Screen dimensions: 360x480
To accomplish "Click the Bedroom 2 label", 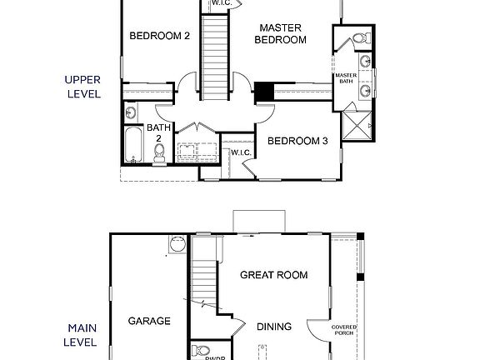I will pyautogui.click(x=161, y=36).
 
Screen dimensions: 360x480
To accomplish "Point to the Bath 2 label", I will pyautogui.click(x=159, y=133).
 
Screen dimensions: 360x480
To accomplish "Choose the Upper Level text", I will pyautogui.click(x=82, y=87).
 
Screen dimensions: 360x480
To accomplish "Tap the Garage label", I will pyautogui.click(x=149, y=321).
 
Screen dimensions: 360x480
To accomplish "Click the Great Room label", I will pyautogui.click(x=274, y=275).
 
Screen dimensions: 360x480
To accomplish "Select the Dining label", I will pyautogui.click(x=273, y=327).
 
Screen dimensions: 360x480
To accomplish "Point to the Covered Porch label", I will pyautogui.click(x=344, y=330).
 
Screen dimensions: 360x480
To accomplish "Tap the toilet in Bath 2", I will pyautogui.click(x=159, y=153).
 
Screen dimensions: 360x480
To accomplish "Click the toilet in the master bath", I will pyautogui.click(x=360, y=38).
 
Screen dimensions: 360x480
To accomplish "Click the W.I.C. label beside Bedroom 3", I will pyautogui.click(x=241, y=152).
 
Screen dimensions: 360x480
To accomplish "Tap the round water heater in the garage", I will pyautogui.click(x=177, y=244).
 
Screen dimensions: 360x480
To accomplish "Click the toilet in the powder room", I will pyautogui.click(x=200, y=351).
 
